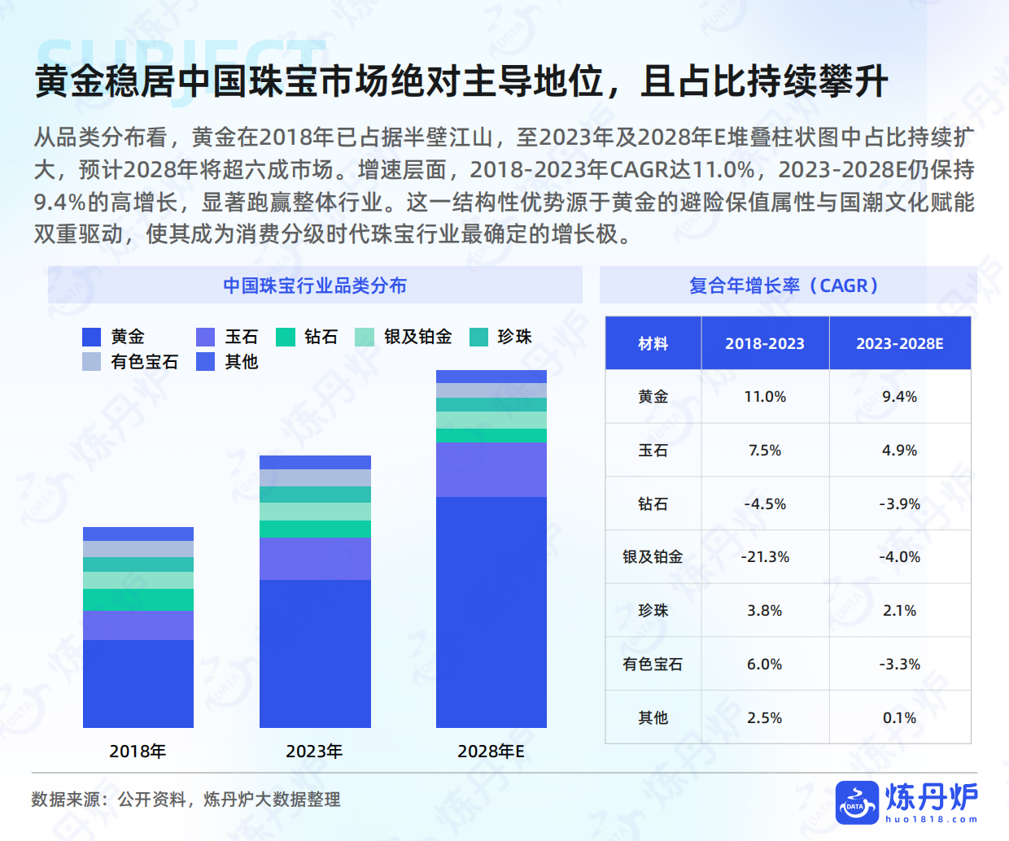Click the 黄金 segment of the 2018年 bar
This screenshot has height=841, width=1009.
click(x=138, y=683)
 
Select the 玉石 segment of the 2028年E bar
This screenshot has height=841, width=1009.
click(x=491, y=469)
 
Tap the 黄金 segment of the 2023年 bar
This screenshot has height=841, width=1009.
click(x=315, y=653)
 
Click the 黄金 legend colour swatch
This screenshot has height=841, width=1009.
click(x=92, y=337)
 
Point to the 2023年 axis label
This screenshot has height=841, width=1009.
click(x=314, y=752)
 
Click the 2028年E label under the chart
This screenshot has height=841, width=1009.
click(x=491, y=752)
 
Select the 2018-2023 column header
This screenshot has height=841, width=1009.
click(x=765, y=344)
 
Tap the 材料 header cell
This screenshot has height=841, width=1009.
click(x=653, y=344)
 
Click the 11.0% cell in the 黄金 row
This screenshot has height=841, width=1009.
click(x=765, y=397)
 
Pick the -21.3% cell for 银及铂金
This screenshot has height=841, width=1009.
click(x=765, y=557)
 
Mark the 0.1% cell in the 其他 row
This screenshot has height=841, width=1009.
click(x=899, y=718)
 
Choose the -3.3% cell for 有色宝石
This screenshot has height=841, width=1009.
click(x=899, y=665)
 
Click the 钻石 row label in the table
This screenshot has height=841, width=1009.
click(x=653, y=504)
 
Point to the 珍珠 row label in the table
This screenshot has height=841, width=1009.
click(x=653, y=611)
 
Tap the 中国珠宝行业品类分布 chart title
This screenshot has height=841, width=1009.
click(x=315, y=285)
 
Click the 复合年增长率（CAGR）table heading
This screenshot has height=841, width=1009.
click(x=787, y=285)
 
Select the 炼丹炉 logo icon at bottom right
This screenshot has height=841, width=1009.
click(x=857, y=803)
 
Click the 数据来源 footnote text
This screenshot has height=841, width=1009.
click(x=186, y=800)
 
